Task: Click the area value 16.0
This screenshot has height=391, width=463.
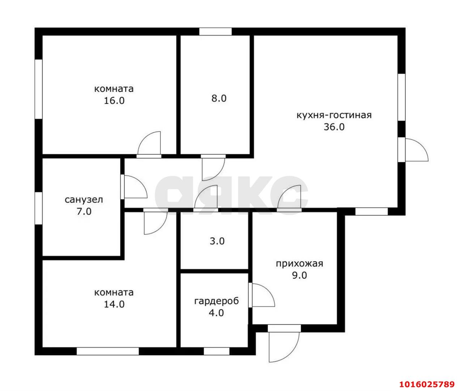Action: pyautogui.click(x=114, y=101)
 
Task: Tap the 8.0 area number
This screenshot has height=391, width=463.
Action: pyautogui.click(x=219, y=98)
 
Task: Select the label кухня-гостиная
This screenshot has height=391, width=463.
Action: pyautogui.click(x=334, y=115)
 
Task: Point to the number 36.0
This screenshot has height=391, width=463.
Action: pyautogui.click(x=334, y=127)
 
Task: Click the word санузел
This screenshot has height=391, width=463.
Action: pyautogui.click(x=84, y=199)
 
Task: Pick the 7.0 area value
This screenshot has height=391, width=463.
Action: pyautogui.click(x=84, y=211)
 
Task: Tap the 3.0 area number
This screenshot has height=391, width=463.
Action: pyautogui.click(x=217, y=241)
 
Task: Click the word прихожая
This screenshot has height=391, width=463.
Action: pyautogui.click(x=300, y=264)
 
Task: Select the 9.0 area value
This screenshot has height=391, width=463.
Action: pyautogui.click(x=300, y=275)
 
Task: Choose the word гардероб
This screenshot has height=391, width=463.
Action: pyautogui.click(x=216, y=301)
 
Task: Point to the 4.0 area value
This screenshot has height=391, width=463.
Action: pyautogui.click(x=216, y=313)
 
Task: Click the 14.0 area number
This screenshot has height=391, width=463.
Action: pyautogui.click(x=114, y=304)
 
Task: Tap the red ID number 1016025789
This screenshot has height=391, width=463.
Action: pyautogui.click(x=427, y=378)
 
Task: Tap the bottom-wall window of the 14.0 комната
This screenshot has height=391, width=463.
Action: pyautogui.click(x=108, y=351)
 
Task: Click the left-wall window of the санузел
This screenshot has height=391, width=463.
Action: pyautogui.click(x=39, y=208)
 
